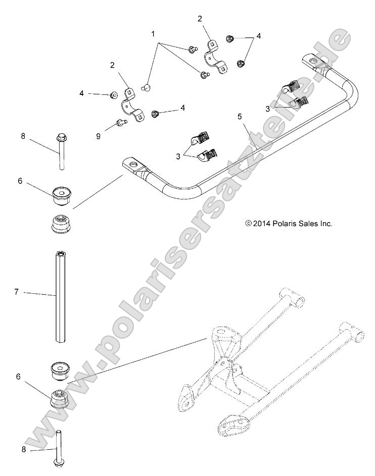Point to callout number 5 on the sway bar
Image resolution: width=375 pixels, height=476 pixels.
pos(240,117)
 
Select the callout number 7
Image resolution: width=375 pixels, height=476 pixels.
pos(16,292)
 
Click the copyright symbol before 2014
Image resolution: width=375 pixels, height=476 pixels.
pos(248,223)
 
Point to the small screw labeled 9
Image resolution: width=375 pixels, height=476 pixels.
pos(120,122)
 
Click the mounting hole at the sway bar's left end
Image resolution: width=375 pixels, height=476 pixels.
pos(133,164)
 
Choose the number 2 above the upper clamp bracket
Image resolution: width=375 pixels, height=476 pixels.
pos(200,19)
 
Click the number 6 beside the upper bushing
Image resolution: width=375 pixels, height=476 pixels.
pos(20,181)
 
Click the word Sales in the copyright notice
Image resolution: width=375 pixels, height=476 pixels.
pos(311,223)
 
